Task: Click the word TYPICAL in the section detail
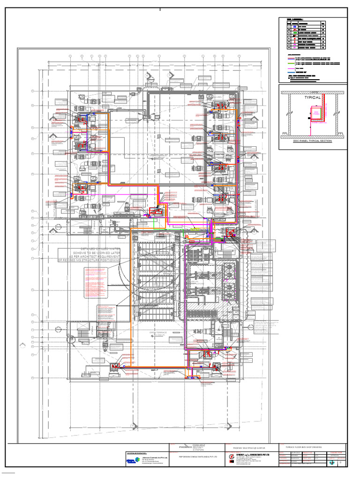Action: pos(313,97)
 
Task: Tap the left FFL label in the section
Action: pos(285,134)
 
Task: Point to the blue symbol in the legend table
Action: pos(295,27)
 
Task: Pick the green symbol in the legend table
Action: pos(295,31)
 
